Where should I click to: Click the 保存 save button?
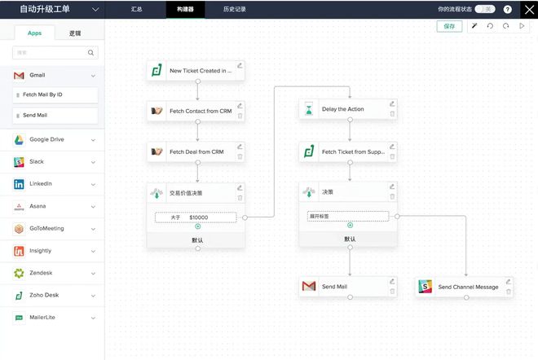(449, 26)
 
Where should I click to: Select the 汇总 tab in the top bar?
(137, 9)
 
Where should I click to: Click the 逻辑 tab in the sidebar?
(75, 33)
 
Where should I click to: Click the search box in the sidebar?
(55, 53)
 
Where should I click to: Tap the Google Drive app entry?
(54, 139)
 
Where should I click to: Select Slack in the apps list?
(54, 162)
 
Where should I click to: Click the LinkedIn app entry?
(54, 184)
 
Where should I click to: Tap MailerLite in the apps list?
(54, 318)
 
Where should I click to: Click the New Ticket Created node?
(195, 71)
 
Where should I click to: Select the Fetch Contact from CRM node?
(195, 111)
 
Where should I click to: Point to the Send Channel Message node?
(465, 287)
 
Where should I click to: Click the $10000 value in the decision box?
(199, 217)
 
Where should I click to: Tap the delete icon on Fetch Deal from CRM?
(240, 156)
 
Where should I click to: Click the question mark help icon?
(507, 9)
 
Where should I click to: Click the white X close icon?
(528, 9)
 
